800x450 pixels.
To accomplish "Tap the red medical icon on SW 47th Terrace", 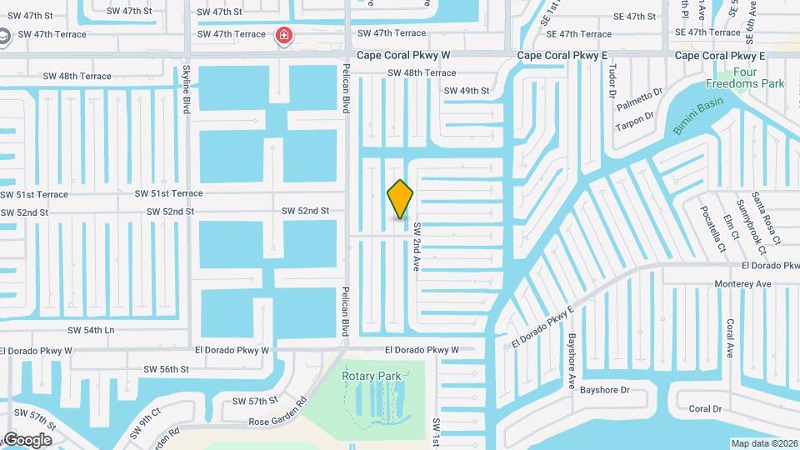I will coord(284,35).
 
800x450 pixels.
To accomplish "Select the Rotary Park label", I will coord(372,376).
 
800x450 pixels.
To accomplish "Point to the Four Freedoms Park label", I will coord(745,77).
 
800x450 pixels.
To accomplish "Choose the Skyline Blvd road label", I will coord(187,90).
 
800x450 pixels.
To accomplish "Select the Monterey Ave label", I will coord(743,284).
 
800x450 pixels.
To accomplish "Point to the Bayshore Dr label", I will coord(604,389).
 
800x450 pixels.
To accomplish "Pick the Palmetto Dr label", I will coord(639,101).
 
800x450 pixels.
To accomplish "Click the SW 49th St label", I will coord(467,91).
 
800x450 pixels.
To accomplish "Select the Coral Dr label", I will coord(705,408).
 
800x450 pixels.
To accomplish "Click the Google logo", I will coord(27,440).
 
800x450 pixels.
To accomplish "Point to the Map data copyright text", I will coord(764,442).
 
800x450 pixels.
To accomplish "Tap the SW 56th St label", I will coord(167,369).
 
